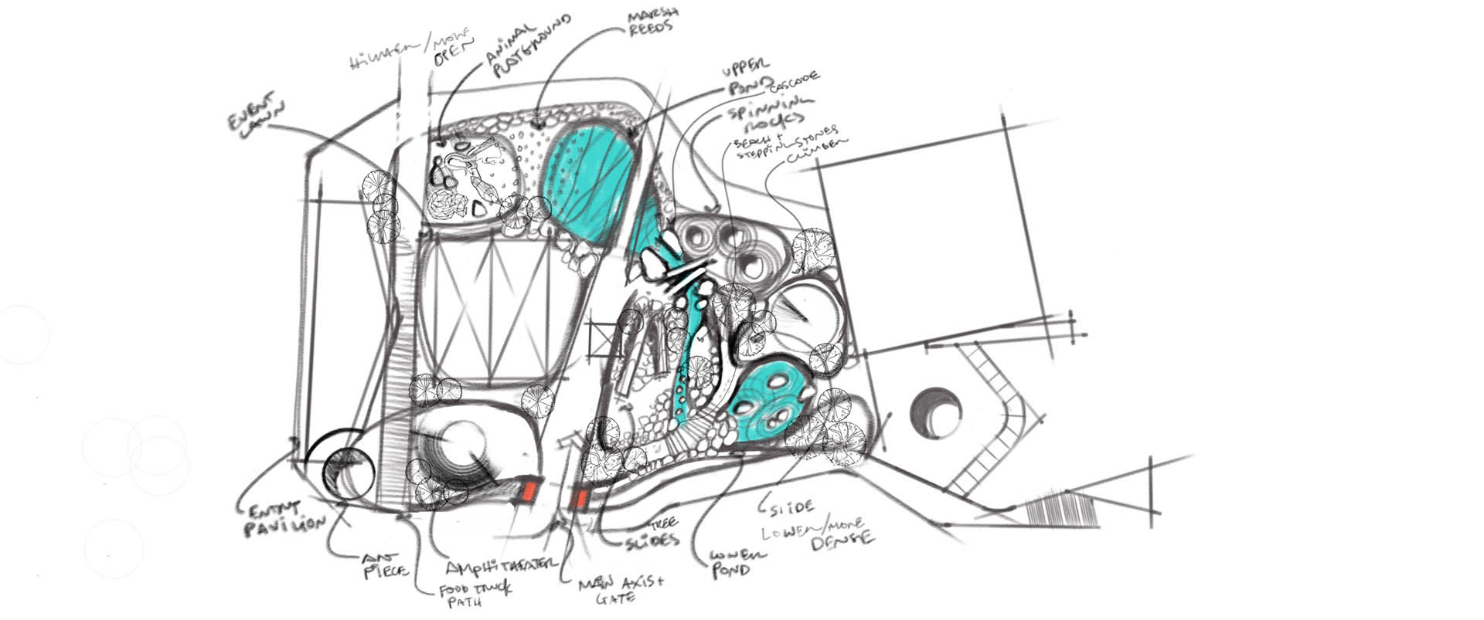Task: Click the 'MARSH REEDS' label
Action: click(650, 19)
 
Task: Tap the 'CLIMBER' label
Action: click(817, 151)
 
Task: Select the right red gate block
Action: click(578, 499)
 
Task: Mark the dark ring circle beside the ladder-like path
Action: click(936, 412)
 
